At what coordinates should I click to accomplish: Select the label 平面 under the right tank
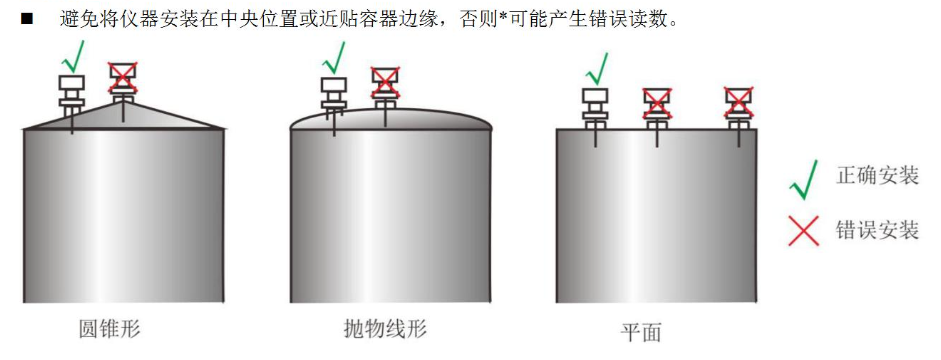pyautogui.click(x=641, y=332)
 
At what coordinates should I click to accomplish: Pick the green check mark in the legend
pyautogui.click(x=804, y=177)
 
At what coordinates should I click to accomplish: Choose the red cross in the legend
pyautogui.click(x=804, y=231)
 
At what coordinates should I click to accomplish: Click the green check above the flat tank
pyautogui.click(x=597, y=67)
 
